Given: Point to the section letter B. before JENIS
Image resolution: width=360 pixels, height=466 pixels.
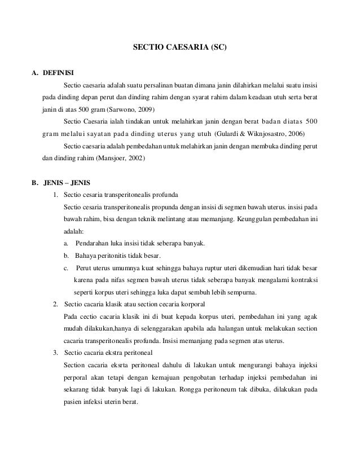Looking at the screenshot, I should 35,183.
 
